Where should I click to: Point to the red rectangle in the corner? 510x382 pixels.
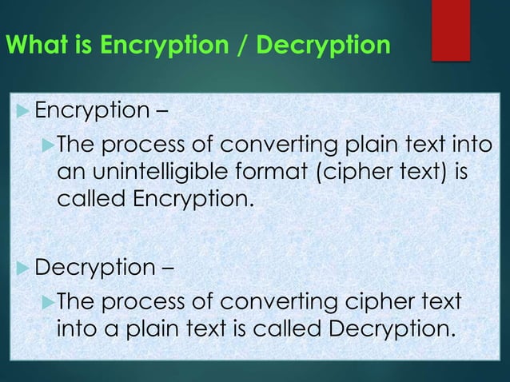(x=450, y=30)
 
